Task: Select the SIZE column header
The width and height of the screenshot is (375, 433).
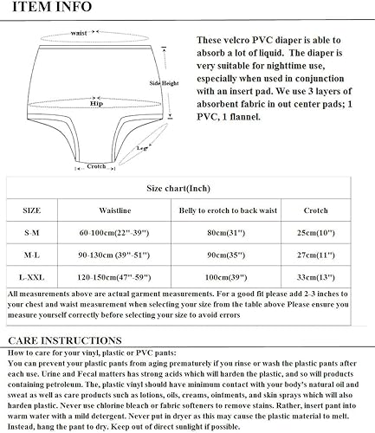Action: [x=30, y=210]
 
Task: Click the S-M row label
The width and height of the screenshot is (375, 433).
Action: [x=30, y=234]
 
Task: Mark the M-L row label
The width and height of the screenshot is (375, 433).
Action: [x=30, y=256]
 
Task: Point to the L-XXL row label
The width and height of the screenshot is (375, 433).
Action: [x=30, y=278]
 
